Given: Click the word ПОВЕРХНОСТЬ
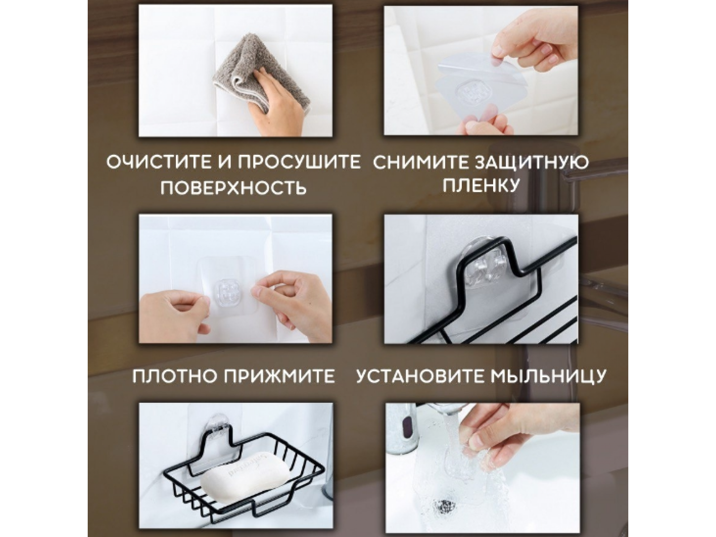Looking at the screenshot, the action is [234, 188].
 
